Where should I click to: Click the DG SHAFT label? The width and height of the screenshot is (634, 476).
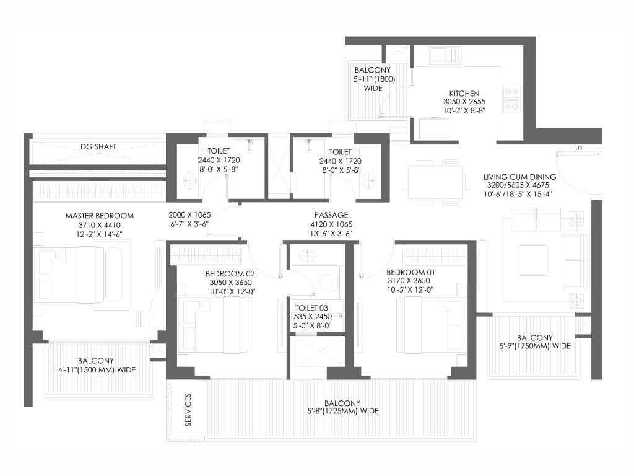[x=98, y=146]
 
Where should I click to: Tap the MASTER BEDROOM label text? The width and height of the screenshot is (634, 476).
[x=100, y=216]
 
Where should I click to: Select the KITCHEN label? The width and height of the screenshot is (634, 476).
[x=464, y=94]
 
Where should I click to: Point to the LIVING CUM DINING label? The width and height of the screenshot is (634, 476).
[x=519, y=177]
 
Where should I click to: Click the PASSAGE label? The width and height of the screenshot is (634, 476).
[x=331, y=215]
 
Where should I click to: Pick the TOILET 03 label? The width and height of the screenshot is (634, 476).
[x=311, y=308]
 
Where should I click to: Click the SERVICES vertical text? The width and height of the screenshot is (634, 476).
[x=188, y=410]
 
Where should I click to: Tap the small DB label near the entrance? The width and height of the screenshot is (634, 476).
[x=579, y=148]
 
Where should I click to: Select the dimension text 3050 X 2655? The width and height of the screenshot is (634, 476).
[x=464, y=102]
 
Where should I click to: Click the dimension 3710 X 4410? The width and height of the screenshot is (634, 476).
[x=100, y=225]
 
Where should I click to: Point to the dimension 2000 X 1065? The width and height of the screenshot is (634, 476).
[x=189, y=215]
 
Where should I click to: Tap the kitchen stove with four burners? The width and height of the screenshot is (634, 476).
[x=511, y=99]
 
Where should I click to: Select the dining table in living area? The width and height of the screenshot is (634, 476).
[x=435, y=182]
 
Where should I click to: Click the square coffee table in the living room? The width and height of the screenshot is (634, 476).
[x=534, y=260]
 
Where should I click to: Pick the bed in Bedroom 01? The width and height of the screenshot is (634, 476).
[x=430, y=325]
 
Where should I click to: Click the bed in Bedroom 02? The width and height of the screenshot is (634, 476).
[x=214, y=325]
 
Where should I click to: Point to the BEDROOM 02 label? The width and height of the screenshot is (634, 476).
[x=230, y=274]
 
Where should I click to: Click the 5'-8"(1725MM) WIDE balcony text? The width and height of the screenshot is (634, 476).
[x=343, y=412]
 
